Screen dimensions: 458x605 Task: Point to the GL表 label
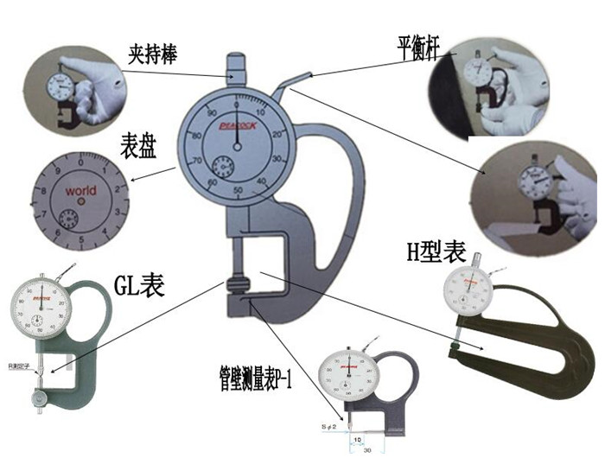pyautogui.click(x=140, y=283)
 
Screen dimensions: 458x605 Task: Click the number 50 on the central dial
pyautogui.click(x=238, y=191)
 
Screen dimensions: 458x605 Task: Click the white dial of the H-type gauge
pyautogui.click(x=469, y=293)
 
